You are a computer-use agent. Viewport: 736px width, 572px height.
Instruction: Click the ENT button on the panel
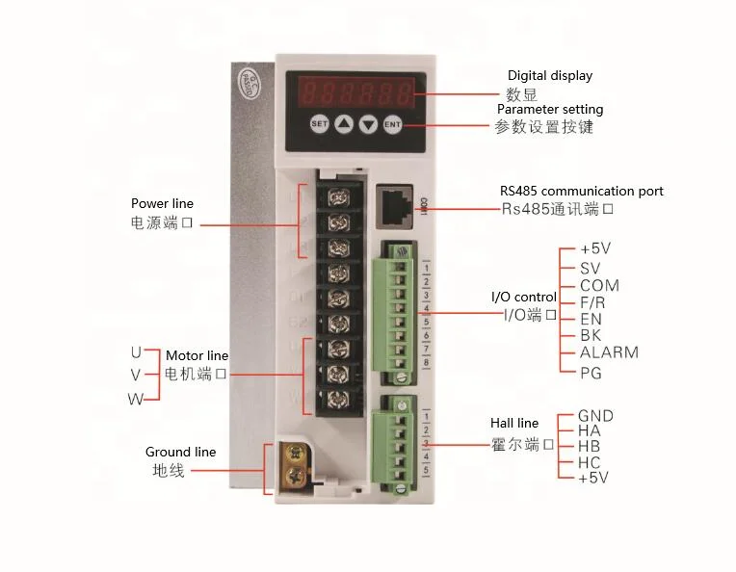(392, 123)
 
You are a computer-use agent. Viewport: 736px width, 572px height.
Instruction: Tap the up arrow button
(344, 123)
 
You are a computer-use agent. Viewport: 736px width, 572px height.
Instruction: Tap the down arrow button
(368, 123)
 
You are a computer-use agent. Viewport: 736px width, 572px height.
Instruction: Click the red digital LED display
(355, 94)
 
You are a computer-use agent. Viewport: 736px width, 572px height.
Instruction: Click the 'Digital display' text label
(550, 75)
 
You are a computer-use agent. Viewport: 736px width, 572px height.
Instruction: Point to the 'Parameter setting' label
(550, 110)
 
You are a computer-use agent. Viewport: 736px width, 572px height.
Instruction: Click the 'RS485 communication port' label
(581, 191)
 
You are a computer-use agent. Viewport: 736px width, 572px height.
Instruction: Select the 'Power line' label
(162, 203)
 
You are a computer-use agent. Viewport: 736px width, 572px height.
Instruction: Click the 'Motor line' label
(197, 356)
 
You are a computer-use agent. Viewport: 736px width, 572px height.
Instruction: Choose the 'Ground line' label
(180, 452)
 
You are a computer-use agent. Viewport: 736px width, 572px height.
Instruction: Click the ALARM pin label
(609, 352)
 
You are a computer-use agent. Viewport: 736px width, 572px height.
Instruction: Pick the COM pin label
(599, 286)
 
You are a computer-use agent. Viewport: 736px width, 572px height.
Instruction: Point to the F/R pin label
(594, 302)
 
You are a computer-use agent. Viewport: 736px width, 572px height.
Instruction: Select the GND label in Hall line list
(595, 416)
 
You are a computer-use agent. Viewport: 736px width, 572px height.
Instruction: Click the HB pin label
(590, 447)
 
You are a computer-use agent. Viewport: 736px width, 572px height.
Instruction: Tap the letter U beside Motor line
(137, 351)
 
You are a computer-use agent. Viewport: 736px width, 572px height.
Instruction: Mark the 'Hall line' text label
(513, 423)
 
